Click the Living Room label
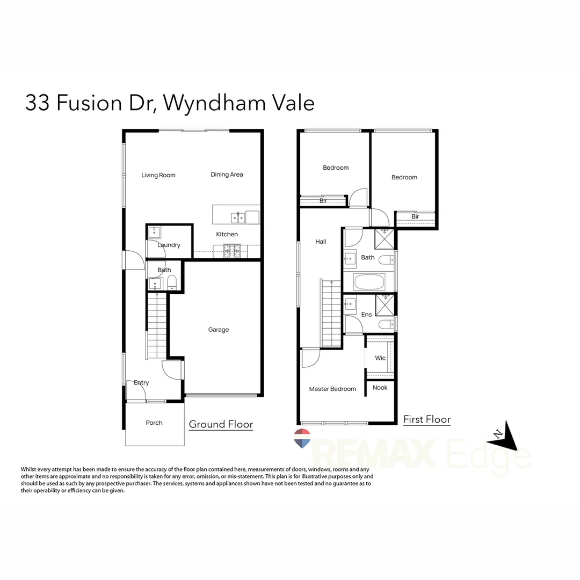[158, 175]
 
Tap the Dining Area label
[227, 175]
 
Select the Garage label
[219, 330]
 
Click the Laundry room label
[169, 245]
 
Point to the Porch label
[154, 423]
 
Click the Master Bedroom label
[332, 389]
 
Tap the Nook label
[380, 387]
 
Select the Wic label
[380, 358]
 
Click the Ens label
[367, 315]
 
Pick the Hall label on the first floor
[321, 242]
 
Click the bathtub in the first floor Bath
[369, 281]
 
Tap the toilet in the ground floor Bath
[172, 282]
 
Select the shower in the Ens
[385, 305]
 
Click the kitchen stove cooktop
[232, 250]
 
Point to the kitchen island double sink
[238, 218]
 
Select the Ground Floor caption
[221, 424]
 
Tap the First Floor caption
[427, 419]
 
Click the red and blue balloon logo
[302, 438]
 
